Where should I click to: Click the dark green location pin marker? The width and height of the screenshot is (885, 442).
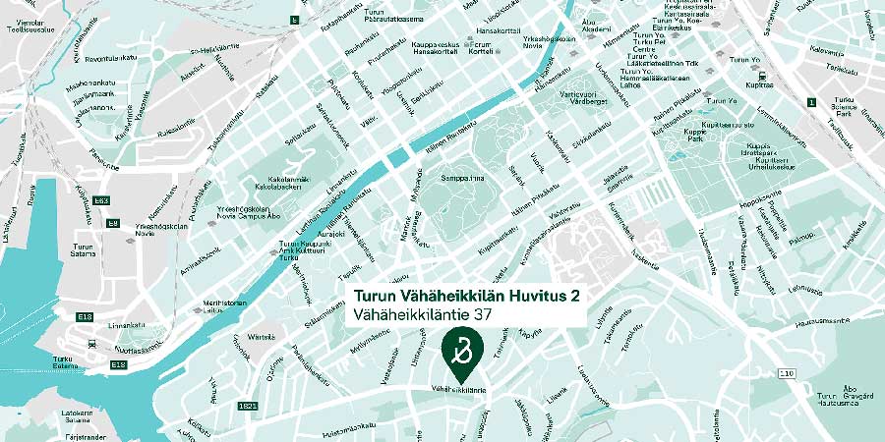(459, 351)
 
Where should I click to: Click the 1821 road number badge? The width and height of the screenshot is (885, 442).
(248, 404)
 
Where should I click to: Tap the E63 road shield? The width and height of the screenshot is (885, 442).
(101, 200)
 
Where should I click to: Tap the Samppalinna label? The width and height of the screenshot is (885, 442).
(464, 179)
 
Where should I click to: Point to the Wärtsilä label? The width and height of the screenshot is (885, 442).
(262, 337)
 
